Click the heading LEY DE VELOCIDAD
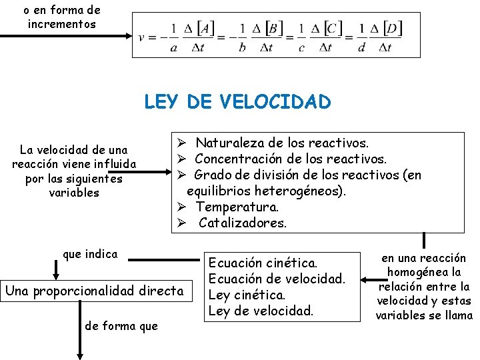pyautogui.click(x=237, y=102)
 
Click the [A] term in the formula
pyautogui.click(x=205, y=29)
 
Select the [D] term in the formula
pyautogui.click(x=392, y=29)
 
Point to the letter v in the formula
pyautogui.click(x=141, y=37)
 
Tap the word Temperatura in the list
pyautogui.click(x=236, y=207)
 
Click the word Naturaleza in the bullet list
pyautogui.click(x=228, y=143)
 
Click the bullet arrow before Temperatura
pyautogui.click(x=181, y=207)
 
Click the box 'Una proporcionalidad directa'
pyautogui.click(x=93, y=291)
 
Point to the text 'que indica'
pyautogui.click(x=89, y=254)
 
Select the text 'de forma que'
pyautogui.click(x=121, y=326)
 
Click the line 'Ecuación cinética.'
pyautogui.click(x=263, y=263)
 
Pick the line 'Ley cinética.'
pyautogui.click(x=247, y=295)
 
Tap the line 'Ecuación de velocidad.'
pyautogui.click(x=277, y=279)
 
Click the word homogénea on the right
pyautogui.click(x=423, y=272)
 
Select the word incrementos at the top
pyautogui.click(x=62, y=25)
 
